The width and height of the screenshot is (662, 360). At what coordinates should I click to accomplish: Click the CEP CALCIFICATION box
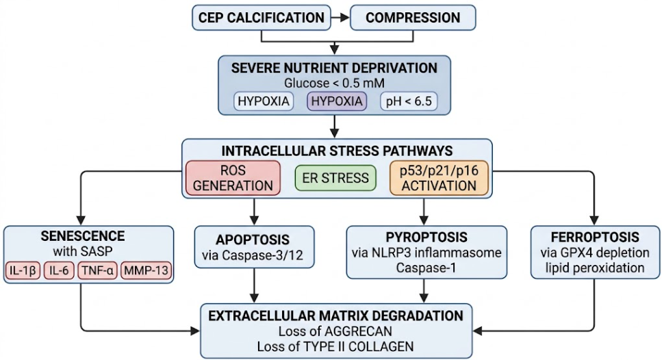(x=262, y=18)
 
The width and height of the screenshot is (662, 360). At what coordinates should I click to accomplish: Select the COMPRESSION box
(x=413, y=18)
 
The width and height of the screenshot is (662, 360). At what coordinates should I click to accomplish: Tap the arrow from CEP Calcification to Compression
(x=340, y=18)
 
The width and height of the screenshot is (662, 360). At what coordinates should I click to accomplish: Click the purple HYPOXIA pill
(x=337, y=101)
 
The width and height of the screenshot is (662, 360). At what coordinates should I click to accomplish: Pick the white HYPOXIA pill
(x=264, y=101)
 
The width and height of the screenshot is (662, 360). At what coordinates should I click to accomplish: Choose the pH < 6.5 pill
(x=409, y=101)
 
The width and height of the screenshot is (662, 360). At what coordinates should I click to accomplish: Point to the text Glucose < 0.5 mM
(x=334, y=83)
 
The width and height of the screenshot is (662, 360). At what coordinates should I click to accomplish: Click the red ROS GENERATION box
(x=233, y=178)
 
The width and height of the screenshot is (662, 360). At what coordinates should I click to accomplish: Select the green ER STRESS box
(x=335, y=178)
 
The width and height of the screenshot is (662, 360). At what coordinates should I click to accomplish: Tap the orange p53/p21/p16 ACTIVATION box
(x=439, y=178)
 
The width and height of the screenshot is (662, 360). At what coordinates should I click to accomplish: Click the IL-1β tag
(x=23, y=270)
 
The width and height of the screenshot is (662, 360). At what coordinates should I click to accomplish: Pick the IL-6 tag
(x=59, y=270)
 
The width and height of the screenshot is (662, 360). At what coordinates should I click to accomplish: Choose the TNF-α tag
(x=97, y=270)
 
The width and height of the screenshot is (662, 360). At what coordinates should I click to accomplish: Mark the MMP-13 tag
(x=146, y=270)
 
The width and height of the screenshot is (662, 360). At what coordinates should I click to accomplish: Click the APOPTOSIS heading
(x=253, y=240)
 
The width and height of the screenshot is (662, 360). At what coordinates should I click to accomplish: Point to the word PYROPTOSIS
(x=427, y=237)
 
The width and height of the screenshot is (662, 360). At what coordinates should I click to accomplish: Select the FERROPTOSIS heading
(x=595, y=237)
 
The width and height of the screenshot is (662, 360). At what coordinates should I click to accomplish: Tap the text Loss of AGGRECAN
(x=335, y=331)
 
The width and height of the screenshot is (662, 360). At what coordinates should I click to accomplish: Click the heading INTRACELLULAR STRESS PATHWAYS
(x=337, y=151)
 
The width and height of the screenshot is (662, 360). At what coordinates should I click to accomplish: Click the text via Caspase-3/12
(x=253, y=255)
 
